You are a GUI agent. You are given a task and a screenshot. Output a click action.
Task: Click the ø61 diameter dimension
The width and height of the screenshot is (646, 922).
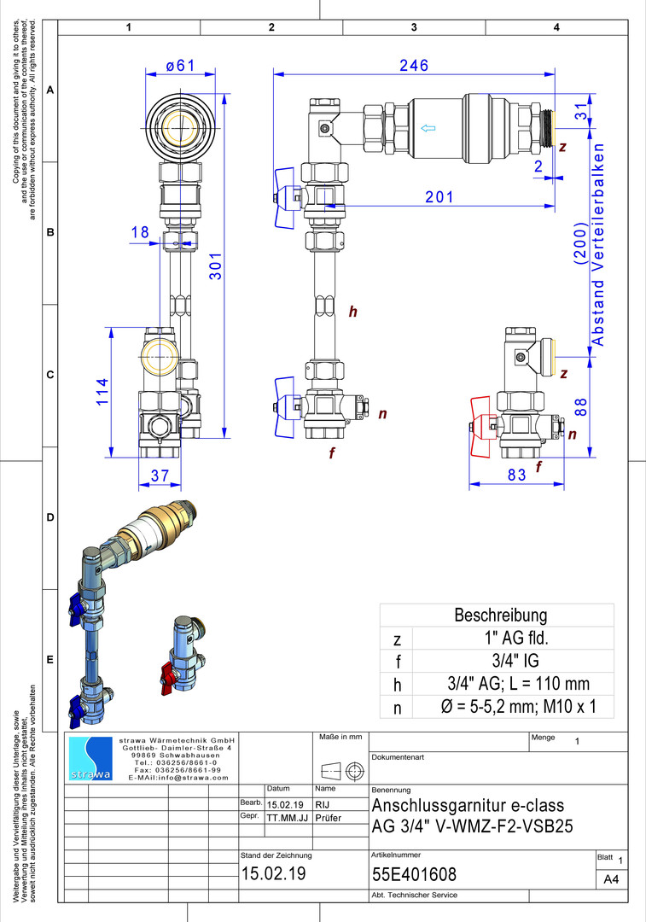tap(180, 65)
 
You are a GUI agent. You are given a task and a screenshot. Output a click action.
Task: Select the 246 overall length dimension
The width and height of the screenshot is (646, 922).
tap(414, 65)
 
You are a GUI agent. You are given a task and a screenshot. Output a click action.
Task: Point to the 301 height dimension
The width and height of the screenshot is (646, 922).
tap(216, 266)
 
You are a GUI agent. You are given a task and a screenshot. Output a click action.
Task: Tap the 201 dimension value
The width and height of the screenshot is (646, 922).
tap(439, 197)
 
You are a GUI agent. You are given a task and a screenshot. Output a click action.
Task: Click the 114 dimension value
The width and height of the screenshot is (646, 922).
tap(102, 392)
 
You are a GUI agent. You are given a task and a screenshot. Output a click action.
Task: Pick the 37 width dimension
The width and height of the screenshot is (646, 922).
tap(160, 476)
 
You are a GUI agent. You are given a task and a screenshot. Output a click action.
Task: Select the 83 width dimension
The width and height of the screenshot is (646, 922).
tap(516, 475)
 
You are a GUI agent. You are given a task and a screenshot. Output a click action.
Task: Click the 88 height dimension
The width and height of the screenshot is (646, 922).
tap(581, 407)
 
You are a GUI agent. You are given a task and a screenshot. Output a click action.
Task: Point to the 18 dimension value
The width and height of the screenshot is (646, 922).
tap(140, 232)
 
